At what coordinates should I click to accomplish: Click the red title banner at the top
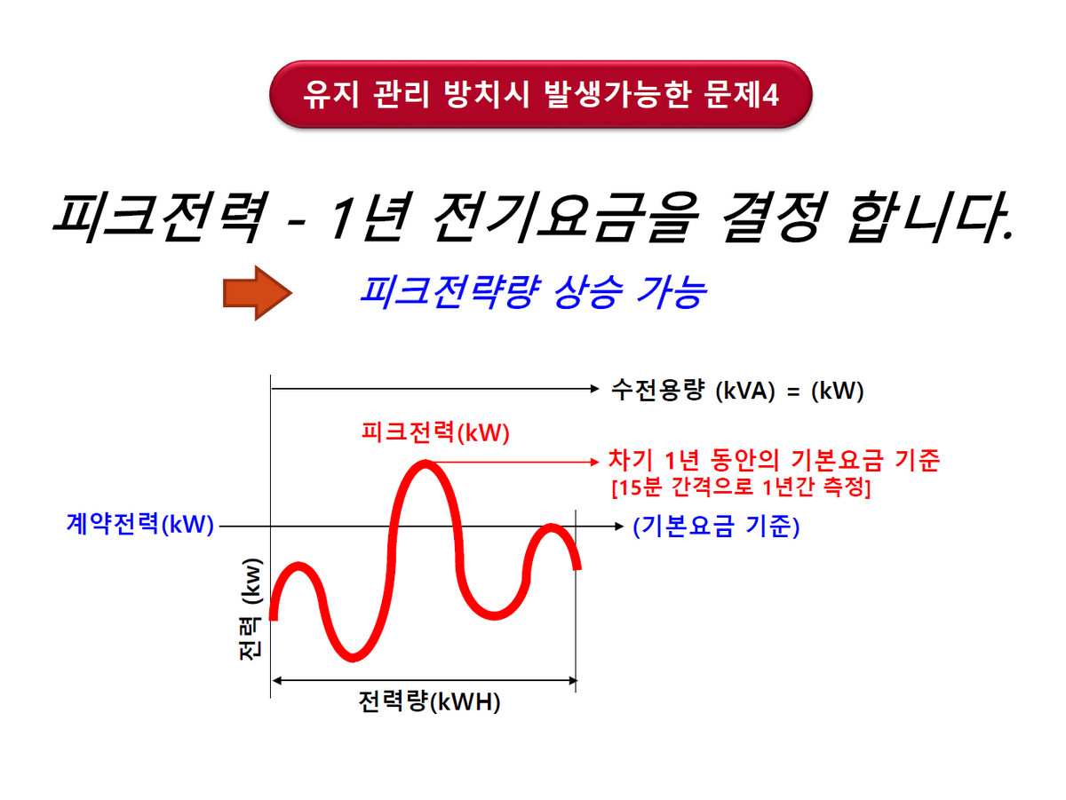click(540, 94)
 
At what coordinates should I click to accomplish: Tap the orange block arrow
click(258, 293)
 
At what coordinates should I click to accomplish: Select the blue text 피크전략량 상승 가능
click(533, 292)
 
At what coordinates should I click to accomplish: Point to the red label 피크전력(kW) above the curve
click(435, 432)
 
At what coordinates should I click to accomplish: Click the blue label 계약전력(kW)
click(139, 524)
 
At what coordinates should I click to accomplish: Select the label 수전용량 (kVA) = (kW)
click(737, 390)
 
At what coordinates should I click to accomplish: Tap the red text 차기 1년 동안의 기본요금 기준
click(774, 460)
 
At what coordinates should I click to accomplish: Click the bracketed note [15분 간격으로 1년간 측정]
click(741, 487)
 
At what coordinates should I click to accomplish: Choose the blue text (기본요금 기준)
click(716, 527)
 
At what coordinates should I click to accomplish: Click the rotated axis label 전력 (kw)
click(251, 609)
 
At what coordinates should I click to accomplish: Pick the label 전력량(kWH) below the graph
click(429, 702)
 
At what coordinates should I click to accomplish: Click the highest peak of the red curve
click(426, 463)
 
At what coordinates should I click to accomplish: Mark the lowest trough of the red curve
click(353, 658)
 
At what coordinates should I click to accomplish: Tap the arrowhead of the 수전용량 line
click(594, 388)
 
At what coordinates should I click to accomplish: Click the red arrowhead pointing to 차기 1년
click(594, 462)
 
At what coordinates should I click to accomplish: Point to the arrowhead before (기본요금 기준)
click(618, 527)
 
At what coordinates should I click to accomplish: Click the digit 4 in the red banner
click(770, 95)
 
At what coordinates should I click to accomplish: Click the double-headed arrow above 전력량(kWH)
click(425, 681)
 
